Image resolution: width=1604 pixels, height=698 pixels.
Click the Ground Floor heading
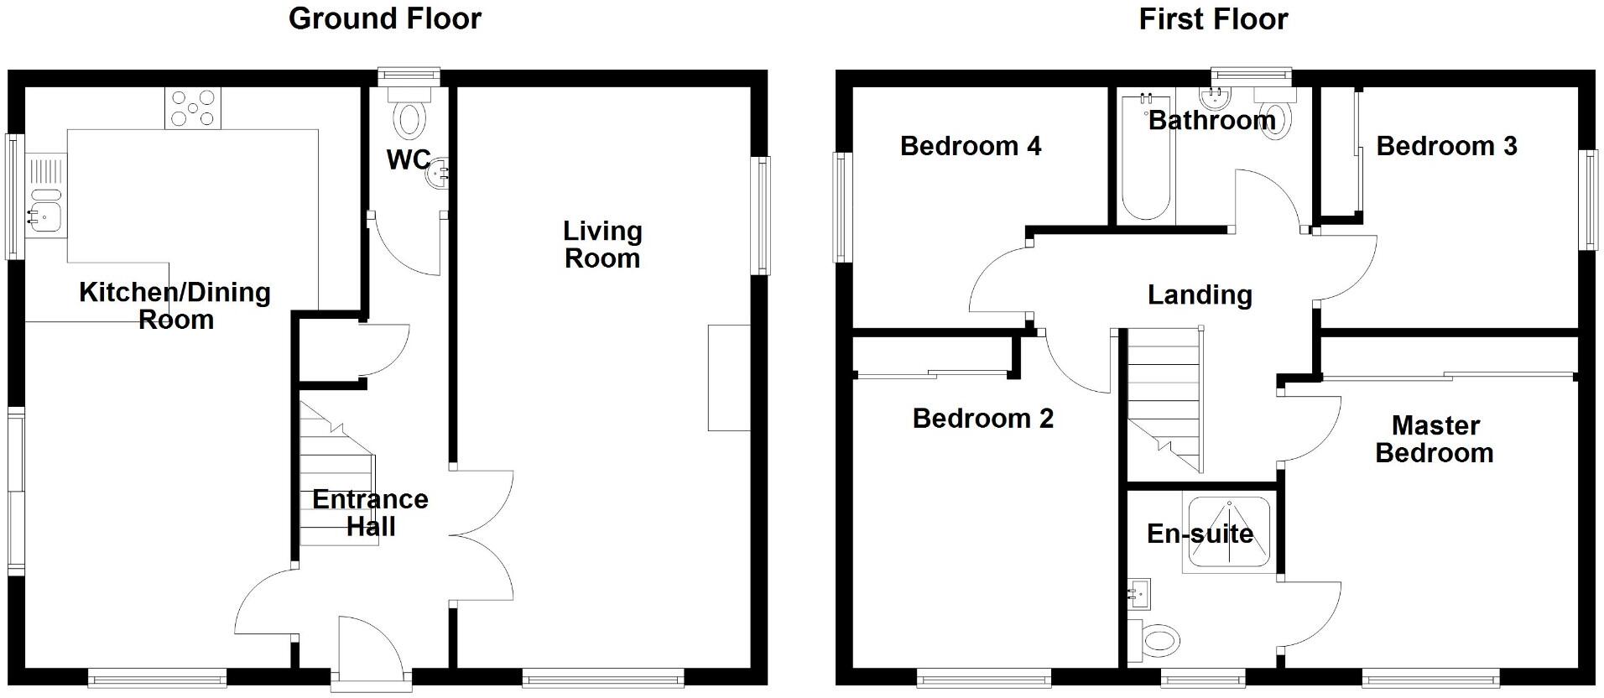(x=385, y=18)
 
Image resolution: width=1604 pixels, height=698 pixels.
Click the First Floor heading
(x=1212, y=18)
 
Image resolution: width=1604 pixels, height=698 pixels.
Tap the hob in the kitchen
(x=194, y=108)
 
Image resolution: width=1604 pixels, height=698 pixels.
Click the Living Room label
(x=602, y=244)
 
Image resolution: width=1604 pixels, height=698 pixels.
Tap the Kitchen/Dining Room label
(x=175, y=305)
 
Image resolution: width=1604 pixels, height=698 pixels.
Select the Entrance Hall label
(x=371, y=513)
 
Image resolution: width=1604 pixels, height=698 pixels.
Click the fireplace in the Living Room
(x=729, y=378)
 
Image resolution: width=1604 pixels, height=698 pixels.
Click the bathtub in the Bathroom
(x=1146, y=159)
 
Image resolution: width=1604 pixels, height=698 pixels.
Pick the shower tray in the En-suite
(x=1226, y=534)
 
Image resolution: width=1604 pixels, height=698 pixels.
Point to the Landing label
(x=1200, y=294)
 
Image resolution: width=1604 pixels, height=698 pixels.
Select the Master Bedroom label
(x=1435, y=439)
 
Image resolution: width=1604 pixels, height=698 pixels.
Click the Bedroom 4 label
(x=971, y=146)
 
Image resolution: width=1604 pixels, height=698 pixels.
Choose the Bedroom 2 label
(x=982, y=418)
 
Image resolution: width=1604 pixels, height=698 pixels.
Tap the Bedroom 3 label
(x=1446, y=146)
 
